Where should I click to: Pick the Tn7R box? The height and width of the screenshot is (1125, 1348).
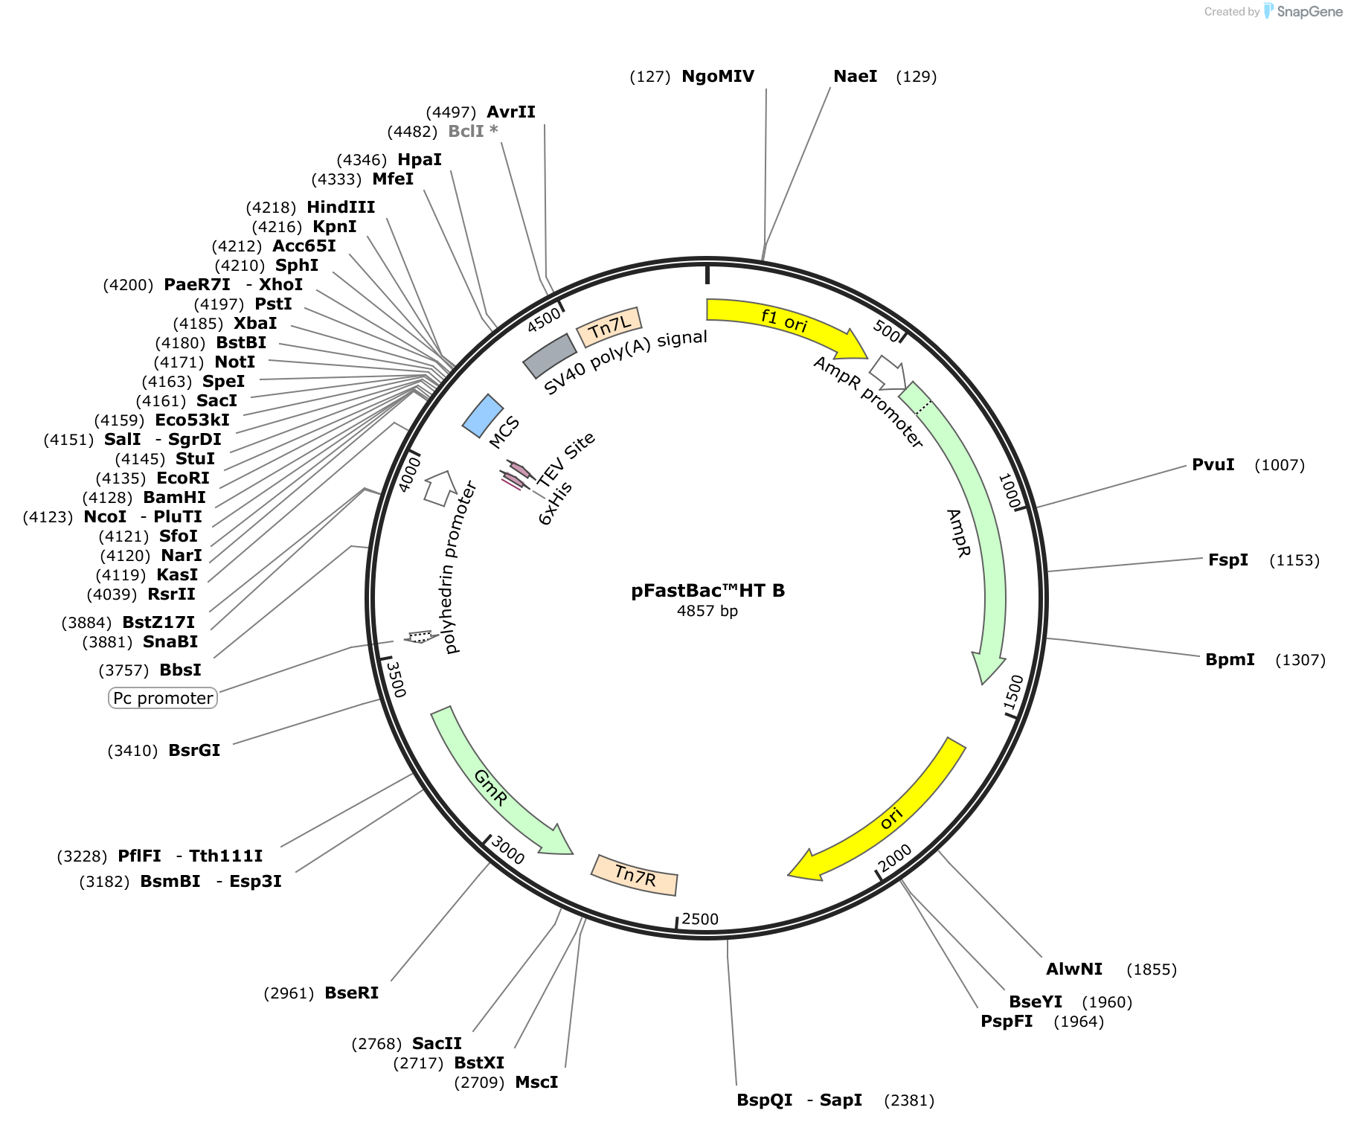(635, 875)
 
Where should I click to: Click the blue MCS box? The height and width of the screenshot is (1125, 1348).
(483, 415)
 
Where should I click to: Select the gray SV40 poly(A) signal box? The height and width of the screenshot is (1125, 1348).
(550, 356)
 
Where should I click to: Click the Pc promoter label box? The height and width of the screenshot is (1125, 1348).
(163, 698)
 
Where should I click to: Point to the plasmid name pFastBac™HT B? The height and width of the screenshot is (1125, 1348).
(708, 591)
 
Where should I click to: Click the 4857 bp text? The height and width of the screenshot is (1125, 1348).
(707, 611)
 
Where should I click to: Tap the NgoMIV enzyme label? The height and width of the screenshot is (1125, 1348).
(718, 77)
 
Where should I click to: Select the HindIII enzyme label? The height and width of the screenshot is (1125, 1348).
(341, 207)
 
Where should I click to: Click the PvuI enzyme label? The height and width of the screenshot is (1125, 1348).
(1213, 465)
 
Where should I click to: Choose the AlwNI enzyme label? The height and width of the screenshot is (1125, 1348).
(1074, 969)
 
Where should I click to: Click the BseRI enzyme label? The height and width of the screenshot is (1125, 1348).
(352, 993)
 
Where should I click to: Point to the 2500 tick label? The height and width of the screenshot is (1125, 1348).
(700, 919)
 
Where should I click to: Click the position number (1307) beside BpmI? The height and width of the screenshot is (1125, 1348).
(1300, 660)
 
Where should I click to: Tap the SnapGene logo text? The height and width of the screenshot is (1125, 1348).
(1310, 11)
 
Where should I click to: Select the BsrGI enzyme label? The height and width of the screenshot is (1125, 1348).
(194, 751)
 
